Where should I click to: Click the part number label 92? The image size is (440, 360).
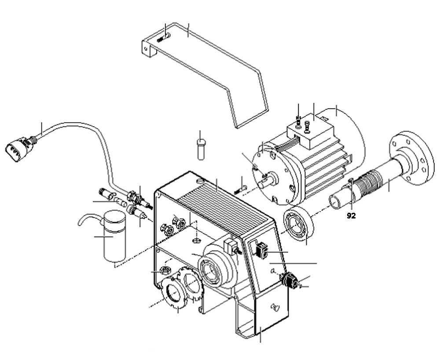[351, 216]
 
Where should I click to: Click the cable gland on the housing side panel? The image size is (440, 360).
[289, 280]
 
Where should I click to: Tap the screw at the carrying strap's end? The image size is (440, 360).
[162, 39]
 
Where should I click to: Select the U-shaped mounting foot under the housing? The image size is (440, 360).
[260, 321]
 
